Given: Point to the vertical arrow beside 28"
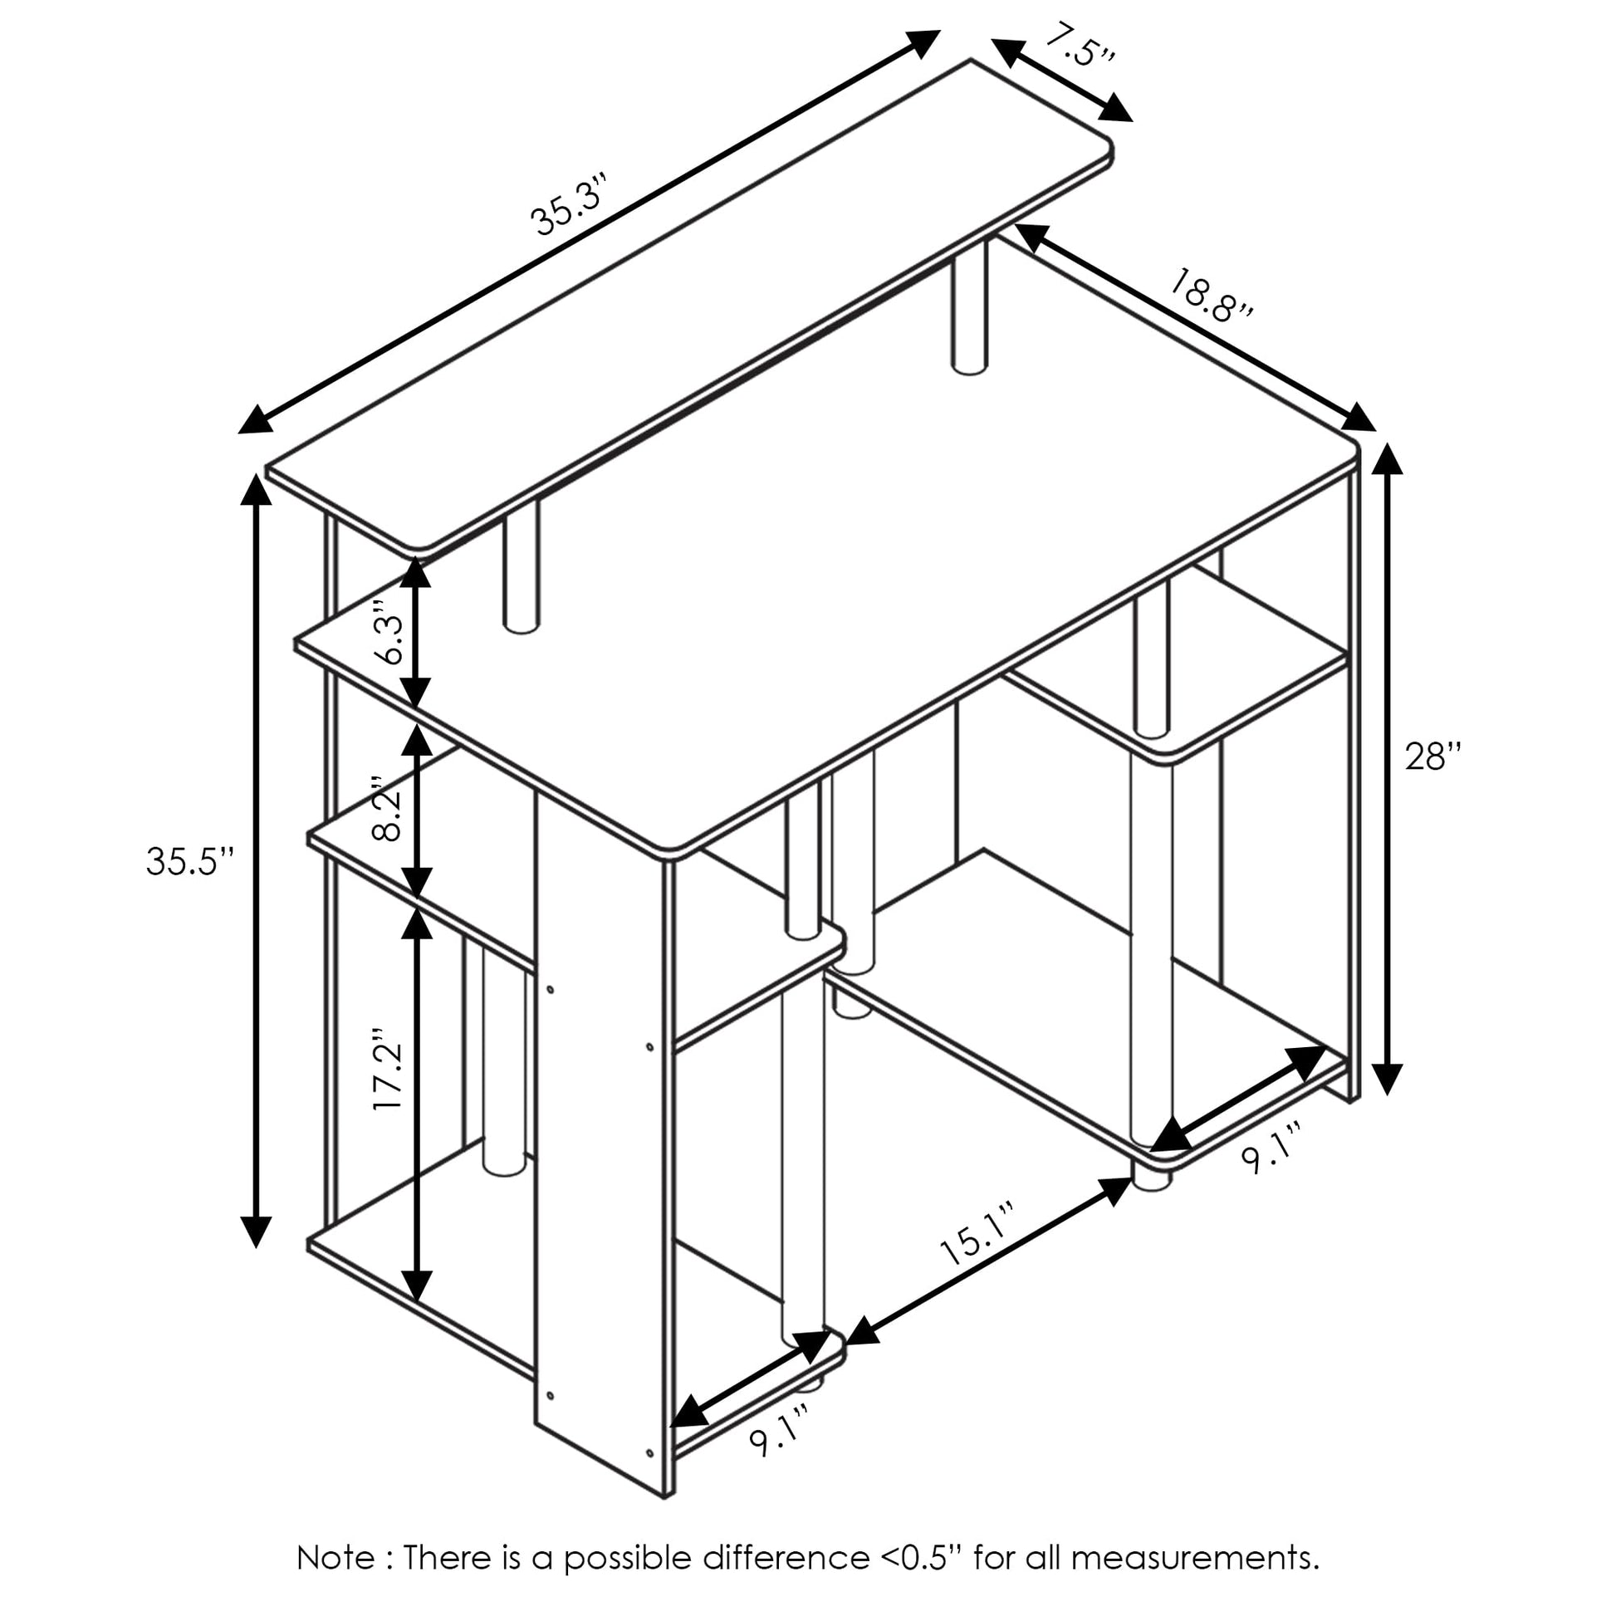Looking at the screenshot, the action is (x=1387, y=768).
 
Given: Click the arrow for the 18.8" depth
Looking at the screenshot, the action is (x=1195, y=327).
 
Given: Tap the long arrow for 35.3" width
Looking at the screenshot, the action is (x=589, y=232).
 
